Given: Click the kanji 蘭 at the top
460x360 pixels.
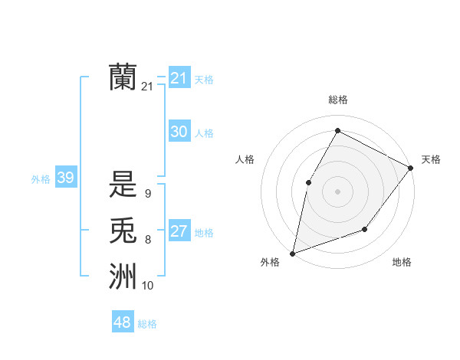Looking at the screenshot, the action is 123,77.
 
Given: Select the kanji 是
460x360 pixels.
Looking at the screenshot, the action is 123,185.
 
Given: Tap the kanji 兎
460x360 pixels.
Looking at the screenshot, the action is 123,231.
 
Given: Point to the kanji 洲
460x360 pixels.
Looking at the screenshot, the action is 123,276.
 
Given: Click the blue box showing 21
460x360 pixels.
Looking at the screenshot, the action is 179,77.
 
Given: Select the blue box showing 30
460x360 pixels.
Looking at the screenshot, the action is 179,132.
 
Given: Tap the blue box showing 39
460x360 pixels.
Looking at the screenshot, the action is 65,178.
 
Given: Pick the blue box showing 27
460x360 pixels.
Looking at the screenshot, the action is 179,231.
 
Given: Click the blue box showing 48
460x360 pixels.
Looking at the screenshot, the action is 123,322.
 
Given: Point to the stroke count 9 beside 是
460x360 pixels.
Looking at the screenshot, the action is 147,194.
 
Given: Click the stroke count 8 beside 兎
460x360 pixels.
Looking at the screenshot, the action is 147,240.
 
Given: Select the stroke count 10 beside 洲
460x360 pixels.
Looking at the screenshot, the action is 147,286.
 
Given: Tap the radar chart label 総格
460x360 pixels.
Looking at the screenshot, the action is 337,100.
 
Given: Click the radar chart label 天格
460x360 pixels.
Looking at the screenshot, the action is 431,159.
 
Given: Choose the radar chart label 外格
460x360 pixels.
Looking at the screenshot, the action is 270,262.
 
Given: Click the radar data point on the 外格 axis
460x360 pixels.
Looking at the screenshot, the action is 292,253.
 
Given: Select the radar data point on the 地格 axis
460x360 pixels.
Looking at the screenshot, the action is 365,229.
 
